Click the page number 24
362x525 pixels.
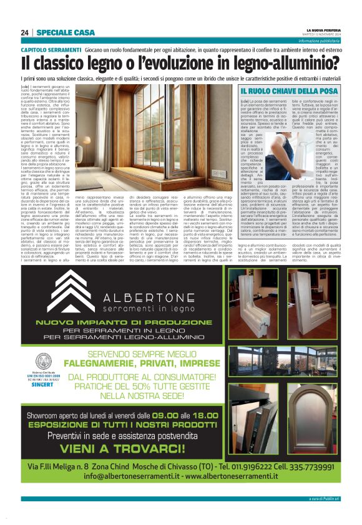pyautogui.click(x=24, y=32)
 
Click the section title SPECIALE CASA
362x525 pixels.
pyautogui.click(x=66, y=32)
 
